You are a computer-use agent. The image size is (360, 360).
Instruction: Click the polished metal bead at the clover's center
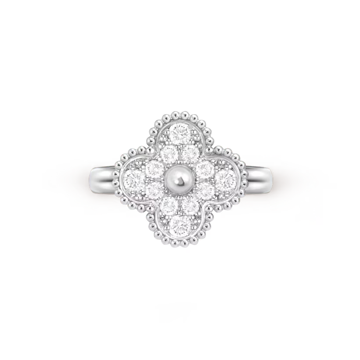pos(180,179)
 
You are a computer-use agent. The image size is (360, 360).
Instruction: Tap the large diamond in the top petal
pos(179,133)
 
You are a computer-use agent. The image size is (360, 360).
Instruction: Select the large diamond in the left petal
pos(134,179)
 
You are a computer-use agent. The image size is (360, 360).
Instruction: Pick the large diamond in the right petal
pos(225,179)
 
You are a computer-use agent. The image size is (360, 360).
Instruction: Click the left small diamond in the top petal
pos(169,154)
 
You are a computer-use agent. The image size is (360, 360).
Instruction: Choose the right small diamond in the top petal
pos(190,154)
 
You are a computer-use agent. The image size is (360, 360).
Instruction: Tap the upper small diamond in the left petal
pos(154,169)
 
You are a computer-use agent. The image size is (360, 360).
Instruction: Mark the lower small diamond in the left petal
pos(154,190)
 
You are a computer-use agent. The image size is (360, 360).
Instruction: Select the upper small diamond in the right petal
pos(205,169)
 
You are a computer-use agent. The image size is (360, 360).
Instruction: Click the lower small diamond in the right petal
pos(205,190)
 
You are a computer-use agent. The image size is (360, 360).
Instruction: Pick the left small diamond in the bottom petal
pos(169,205)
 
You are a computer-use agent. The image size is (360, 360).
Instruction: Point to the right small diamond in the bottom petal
pos(190,205)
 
